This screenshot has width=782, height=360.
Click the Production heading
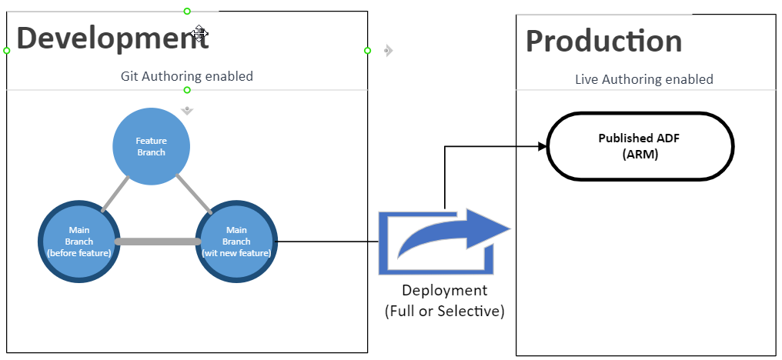pos(603,41)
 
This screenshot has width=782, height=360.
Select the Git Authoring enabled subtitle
pos(186,76)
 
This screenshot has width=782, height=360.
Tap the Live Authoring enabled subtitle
pos(643,79)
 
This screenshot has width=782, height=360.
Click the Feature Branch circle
pos(151,146)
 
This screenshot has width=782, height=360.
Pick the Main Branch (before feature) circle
pos(79,241)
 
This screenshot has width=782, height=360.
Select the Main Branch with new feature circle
pos(236,241)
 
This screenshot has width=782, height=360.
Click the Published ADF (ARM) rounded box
pos(639,146)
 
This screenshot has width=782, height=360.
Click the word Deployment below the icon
pos(444,290)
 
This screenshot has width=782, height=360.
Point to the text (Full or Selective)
pos(444,311)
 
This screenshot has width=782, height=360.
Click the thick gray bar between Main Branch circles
pos(158,242)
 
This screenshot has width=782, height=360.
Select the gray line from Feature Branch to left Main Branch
pos(115,193)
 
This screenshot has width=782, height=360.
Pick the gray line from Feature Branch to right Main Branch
pos(194,193)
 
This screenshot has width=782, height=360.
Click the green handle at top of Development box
pos(187,11)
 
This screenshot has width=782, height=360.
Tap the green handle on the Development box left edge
pos(7,51)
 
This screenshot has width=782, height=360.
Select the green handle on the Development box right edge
pos(367,51)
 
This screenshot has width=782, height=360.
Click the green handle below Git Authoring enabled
pos(187,90)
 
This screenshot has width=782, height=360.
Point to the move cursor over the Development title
pos(199,33)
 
